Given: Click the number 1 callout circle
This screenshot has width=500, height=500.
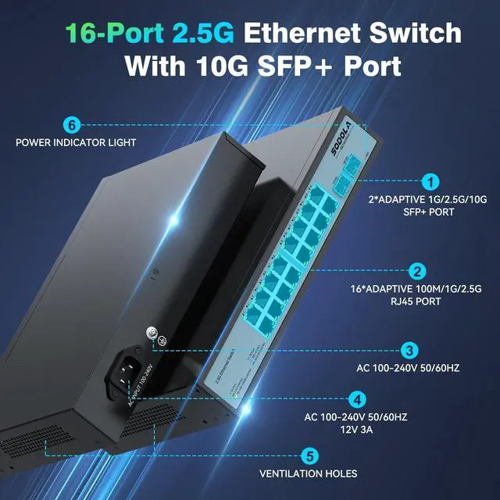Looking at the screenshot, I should [x=429, y=182].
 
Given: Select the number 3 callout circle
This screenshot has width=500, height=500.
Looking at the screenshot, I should [x=408, y=350].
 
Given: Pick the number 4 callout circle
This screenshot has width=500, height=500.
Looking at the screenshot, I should [x=356, y=399].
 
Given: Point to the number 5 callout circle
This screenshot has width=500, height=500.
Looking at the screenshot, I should [x=309, y=455].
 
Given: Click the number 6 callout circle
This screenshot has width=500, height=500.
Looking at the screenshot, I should [x=72, y=124].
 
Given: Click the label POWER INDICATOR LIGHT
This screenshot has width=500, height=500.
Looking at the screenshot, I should [x=76, y=143].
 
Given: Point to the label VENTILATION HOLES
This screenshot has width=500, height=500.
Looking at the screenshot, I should [x=309, y=473].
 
